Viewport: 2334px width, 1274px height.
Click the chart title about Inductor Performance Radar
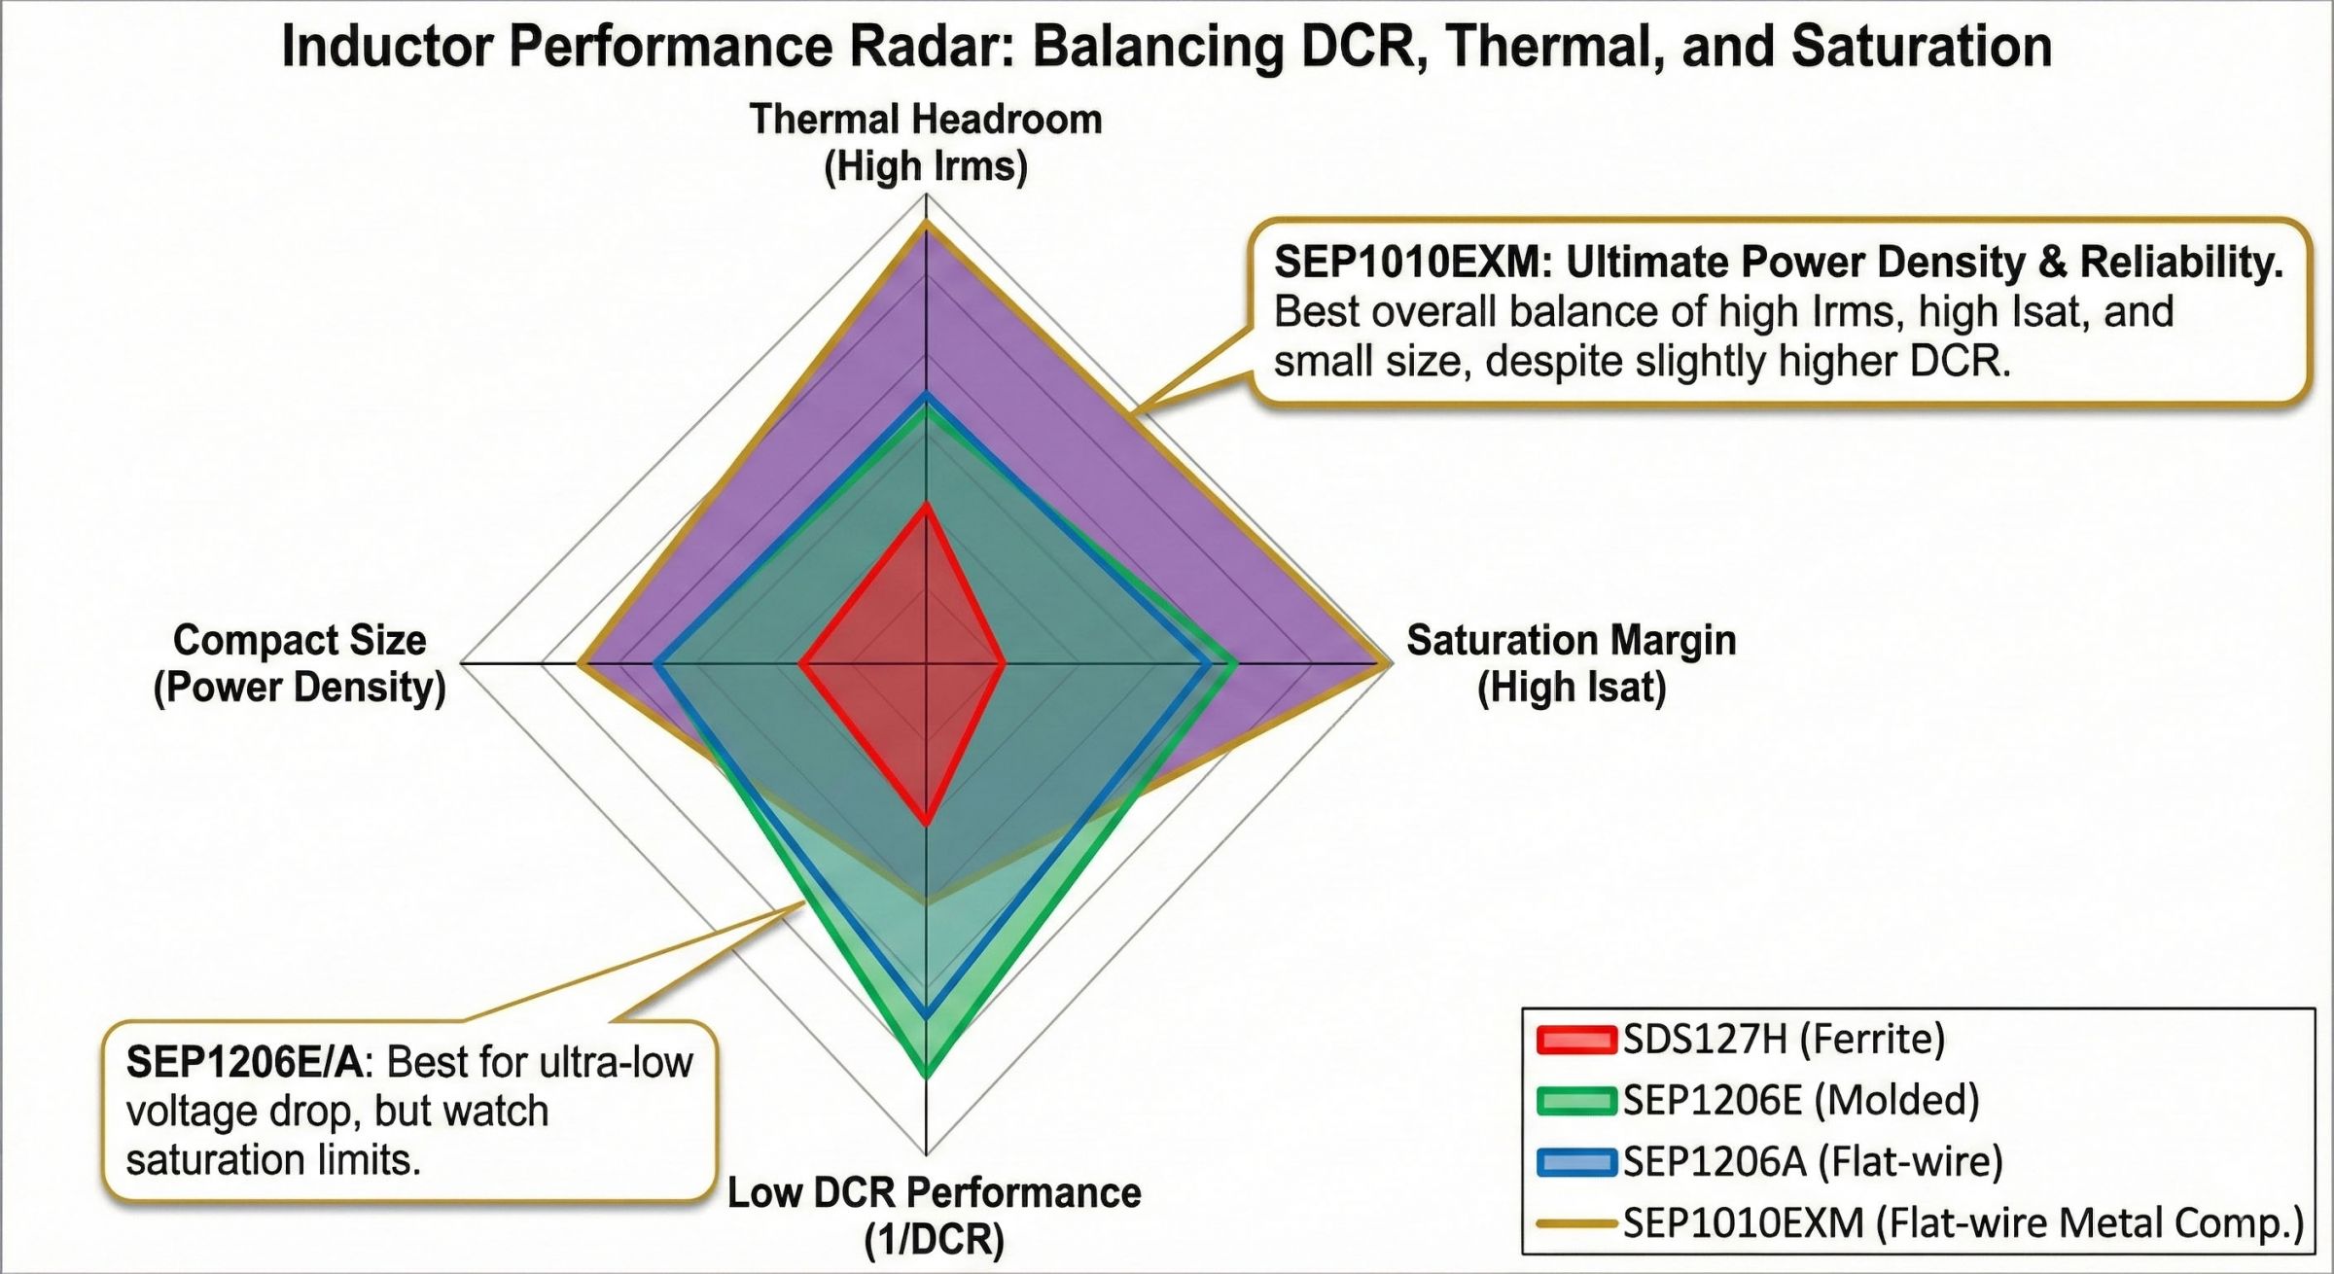click(1166, 47)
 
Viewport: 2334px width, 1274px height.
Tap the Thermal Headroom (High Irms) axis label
click(926, 143)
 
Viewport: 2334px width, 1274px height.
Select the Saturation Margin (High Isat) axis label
click(1571, 663)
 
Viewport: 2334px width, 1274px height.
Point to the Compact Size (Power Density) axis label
click(300, 663)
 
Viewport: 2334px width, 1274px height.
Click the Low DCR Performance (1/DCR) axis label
click(934, 1217)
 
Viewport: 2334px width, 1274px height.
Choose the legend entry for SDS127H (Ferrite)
click(1784, 1040)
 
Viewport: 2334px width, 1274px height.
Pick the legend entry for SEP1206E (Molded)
click(1801, 1100)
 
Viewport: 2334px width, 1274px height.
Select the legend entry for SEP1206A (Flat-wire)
click(1813, 1161)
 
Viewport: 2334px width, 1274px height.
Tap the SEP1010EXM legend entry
click(1963, 1222)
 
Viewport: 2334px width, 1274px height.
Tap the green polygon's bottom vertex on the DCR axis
click(926, 1074)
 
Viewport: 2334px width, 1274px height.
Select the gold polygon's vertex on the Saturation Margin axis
click(1385, 664)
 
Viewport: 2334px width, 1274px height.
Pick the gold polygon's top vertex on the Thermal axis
click(926, 225)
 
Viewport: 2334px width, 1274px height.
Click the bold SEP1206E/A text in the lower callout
click(244, 1062)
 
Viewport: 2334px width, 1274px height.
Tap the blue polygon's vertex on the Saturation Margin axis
click(1210, 664)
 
